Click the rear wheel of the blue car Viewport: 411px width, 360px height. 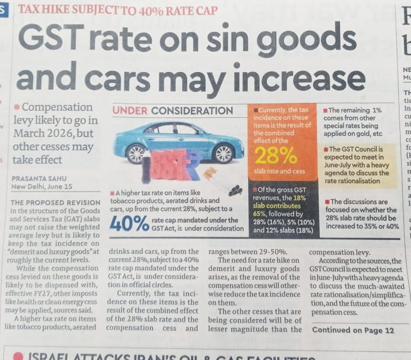coord(136,154)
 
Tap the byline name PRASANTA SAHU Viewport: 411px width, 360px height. coord(39,178)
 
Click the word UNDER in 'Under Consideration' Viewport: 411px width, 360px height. coord(130,111)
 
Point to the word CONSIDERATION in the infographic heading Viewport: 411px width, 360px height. coord(192,111)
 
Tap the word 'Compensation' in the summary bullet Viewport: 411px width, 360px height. coord(57,107)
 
